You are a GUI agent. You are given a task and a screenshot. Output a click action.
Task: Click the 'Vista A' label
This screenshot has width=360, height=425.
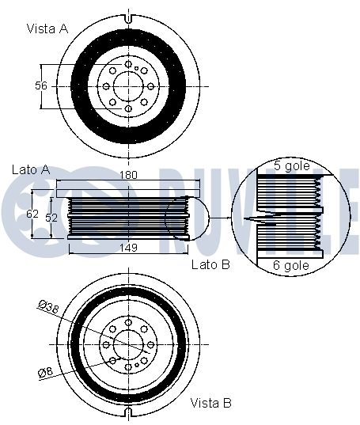(47, 28)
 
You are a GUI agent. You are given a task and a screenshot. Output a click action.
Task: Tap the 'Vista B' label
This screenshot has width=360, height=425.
(211, 403)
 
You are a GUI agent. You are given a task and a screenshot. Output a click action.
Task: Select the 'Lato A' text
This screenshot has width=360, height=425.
(31, 169)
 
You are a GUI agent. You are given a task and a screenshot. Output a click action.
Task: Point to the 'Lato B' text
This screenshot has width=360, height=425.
(210, 264)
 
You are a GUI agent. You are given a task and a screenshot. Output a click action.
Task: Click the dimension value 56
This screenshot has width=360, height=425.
(41, 85)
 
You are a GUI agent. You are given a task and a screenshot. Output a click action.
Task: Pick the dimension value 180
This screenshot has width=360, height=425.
(128, 175)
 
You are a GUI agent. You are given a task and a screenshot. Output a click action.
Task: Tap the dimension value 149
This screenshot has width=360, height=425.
(128, 248)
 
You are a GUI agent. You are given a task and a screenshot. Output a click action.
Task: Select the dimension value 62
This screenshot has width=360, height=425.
(32, 214)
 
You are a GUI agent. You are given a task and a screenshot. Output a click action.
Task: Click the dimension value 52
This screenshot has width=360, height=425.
(51, 218)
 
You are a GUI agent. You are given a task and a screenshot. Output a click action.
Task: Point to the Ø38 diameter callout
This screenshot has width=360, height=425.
(49, 307)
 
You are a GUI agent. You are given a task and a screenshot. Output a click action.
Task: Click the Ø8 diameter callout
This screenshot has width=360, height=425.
(46, 372)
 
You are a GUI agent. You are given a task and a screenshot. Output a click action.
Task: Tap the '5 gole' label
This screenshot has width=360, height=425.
(292, 165)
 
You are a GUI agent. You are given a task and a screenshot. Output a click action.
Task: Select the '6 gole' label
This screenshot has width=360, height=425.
(291, 265)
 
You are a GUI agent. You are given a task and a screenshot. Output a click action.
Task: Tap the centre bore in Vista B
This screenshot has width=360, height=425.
(128, 344)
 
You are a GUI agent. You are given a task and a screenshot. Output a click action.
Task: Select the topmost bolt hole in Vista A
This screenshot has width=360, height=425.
(128, 64)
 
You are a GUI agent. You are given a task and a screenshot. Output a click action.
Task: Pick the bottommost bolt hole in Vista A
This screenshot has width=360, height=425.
(128, 108)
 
